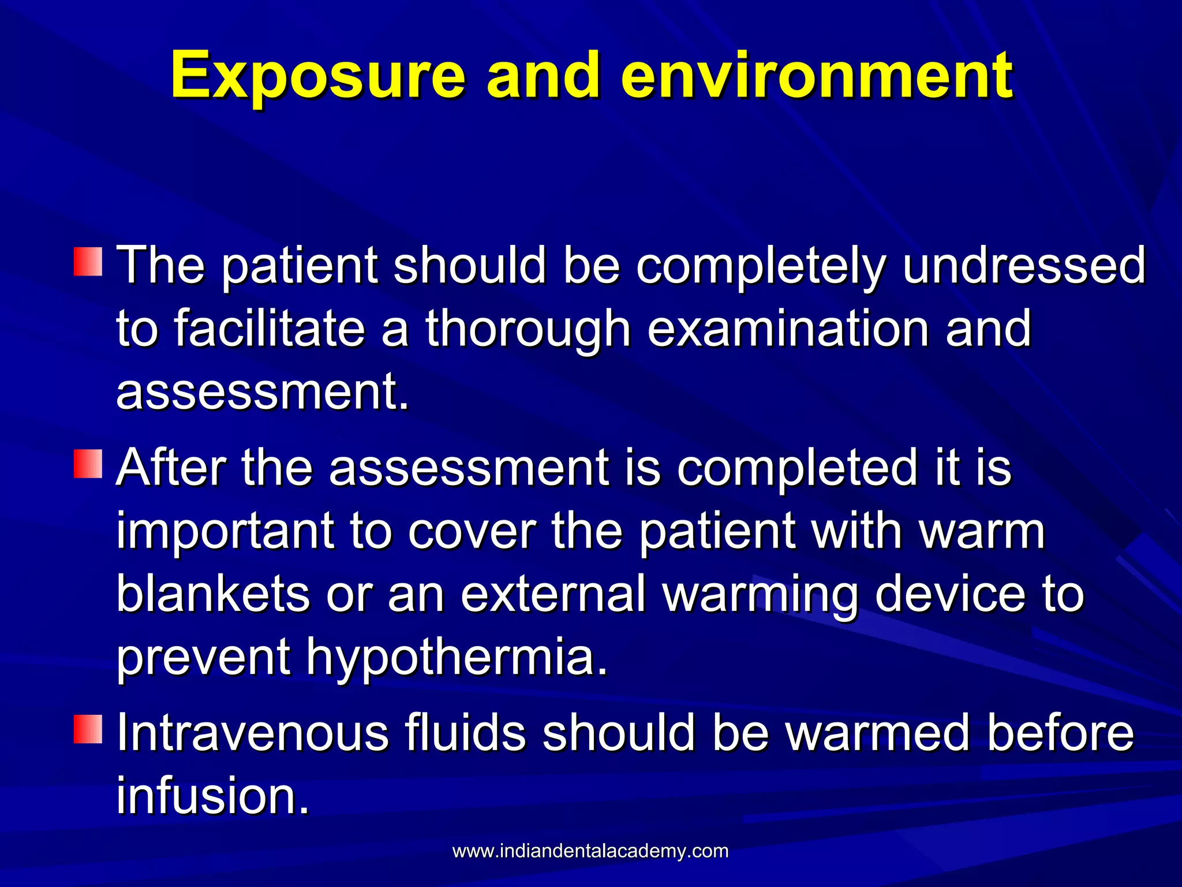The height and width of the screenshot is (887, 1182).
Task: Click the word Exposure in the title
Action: [x=318, y=76]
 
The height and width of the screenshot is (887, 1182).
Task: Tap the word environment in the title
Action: [x=816, y=76]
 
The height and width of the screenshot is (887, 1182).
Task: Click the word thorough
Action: [x=528, y=329]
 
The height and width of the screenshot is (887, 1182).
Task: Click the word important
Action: [x=225, y=531]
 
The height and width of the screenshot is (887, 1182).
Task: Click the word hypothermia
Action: [x=457, y=658]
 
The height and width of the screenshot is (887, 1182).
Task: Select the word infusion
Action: [x=212, y=796]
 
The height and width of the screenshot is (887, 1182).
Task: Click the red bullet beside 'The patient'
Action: [x=88, y=262]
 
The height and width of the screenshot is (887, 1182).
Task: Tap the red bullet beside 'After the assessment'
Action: [x=88, y=464]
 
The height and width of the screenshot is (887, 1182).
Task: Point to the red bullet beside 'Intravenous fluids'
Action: [x=88, y=729]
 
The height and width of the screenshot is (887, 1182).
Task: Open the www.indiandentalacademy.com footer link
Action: [x=590, y=851]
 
